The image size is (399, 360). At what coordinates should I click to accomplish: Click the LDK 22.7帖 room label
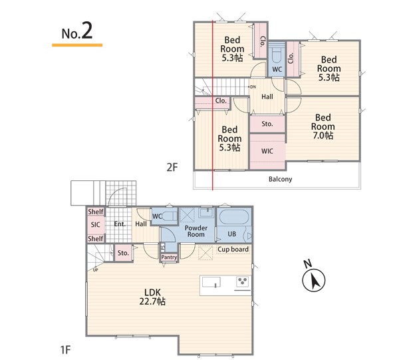click(x=152, y=297)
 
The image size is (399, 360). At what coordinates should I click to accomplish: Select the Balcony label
click(x=281, y=179)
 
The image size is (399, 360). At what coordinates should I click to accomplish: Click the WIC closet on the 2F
click(x=267, y=151)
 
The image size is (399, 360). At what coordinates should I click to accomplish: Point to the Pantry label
click(x=169, y=257)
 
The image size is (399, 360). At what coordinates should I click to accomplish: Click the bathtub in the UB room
click(x=233, y=217)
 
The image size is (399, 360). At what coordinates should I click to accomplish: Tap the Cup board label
click(x=233, y=250)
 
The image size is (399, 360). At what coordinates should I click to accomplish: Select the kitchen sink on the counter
click(x=211, y=282)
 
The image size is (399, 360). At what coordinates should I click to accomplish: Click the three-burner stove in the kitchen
click(x=242, y=281)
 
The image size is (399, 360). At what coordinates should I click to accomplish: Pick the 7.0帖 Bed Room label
click(x=323, y=126)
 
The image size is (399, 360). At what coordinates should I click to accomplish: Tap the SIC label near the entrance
click(x=95, y=225)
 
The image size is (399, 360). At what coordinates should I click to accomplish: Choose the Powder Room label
click(x=196, y=231)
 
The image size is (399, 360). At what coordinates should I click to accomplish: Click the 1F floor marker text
click(x=65, y=350)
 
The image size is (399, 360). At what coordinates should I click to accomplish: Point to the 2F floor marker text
click(x=172, y=167)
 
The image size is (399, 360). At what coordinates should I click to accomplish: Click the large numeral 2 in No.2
click(x=87, y=31)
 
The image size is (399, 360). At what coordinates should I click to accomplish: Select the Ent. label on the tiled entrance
click(x=120, y=224)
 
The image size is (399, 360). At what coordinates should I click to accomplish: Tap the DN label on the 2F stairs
click(x=253, y=87)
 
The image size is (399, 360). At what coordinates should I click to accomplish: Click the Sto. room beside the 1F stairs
click(x=123, y=253)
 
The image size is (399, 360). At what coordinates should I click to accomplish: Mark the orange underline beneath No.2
click(x=77, y=45)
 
